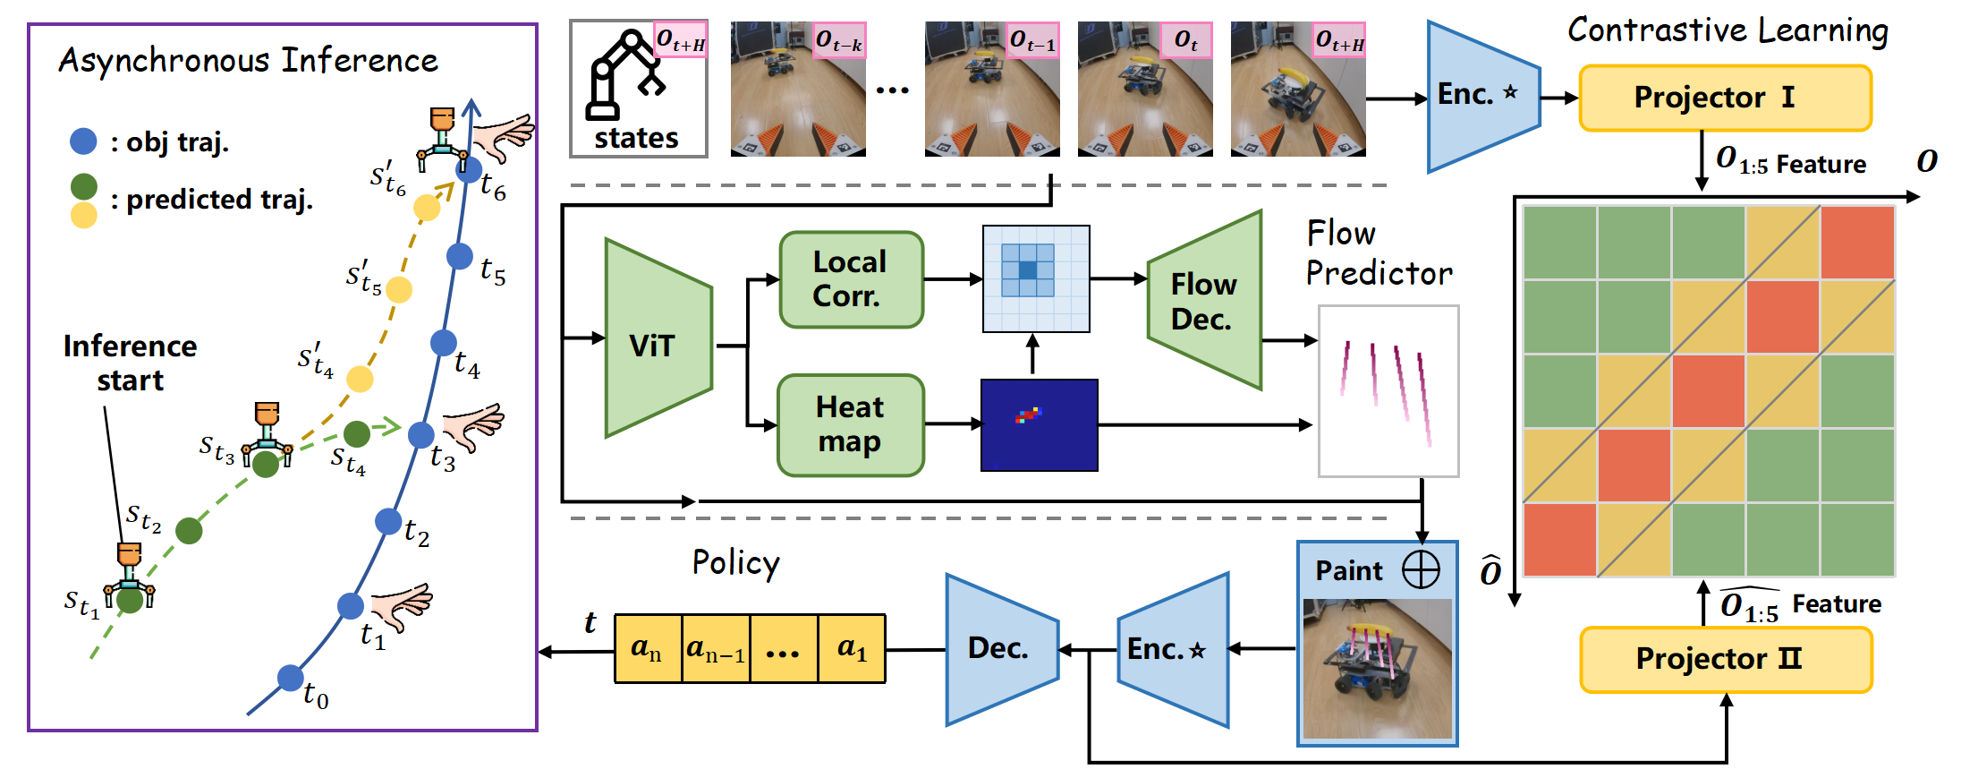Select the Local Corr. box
point(851,279)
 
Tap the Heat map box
point(850,424)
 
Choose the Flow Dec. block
point(1204,301)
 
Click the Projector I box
point(1725,98)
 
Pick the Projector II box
point(1725,660)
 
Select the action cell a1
point(852,648)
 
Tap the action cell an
point(648,648)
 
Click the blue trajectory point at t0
point(290,678)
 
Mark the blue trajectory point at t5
point(460,256)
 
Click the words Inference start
point(131,363)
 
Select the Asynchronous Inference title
point(248,61)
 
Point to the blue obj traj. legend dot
point(83,141)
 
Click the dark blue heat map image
point(1039,425)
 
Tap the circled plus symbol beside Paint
point(1421,569)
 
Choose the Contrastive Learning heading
point(1727,30)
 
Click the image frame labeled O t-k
point(797,90)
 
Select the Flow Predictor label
point(1378,253)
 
